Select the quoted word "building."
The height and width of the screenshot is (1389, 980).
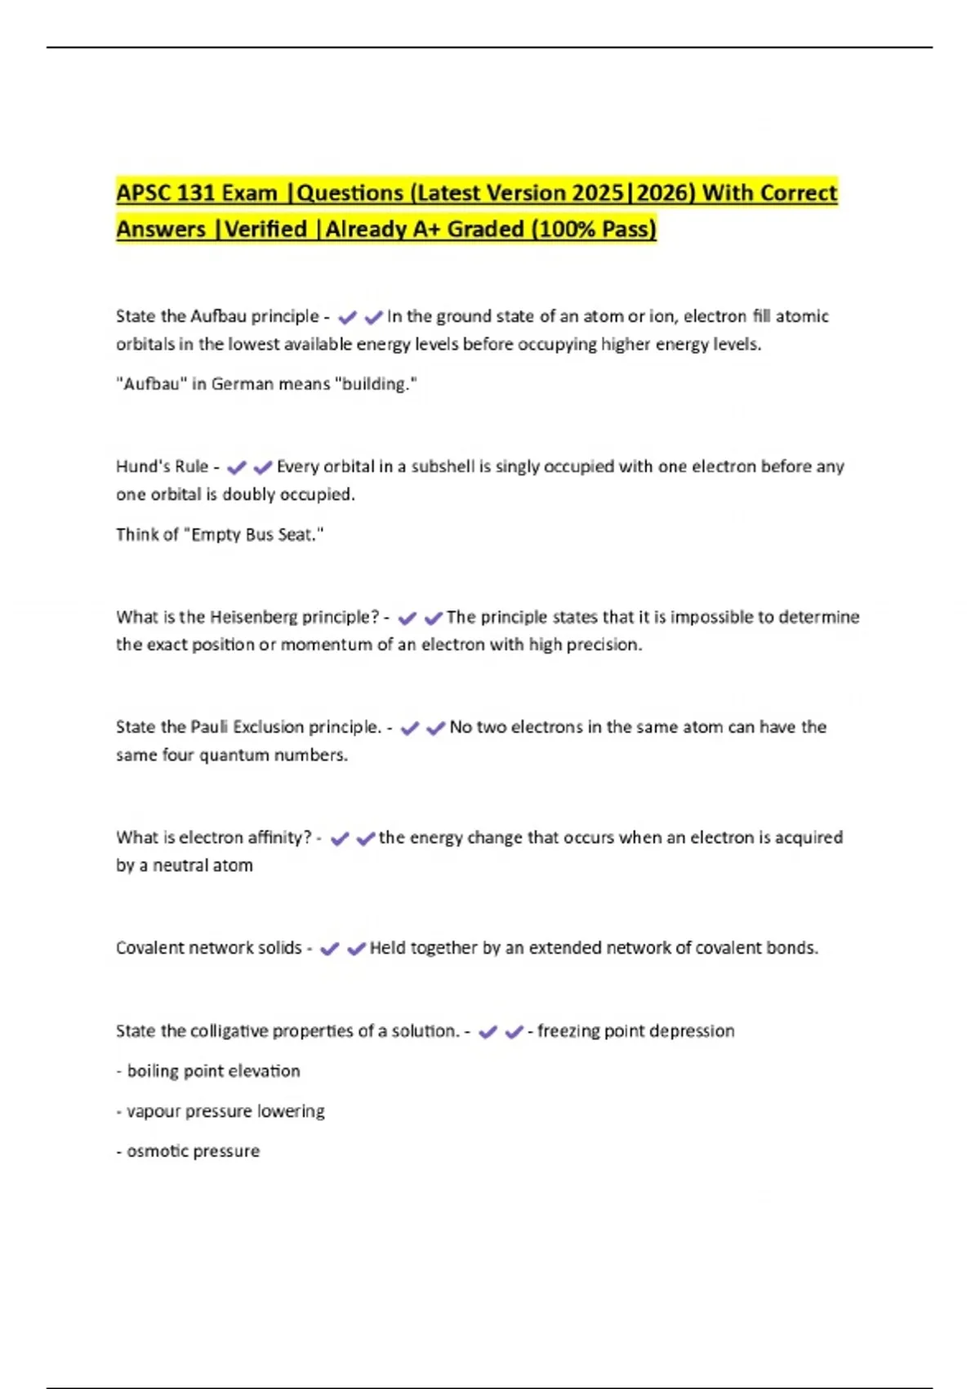coord(376,384)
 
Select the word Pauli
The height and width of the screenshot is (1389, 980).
coord(209,727)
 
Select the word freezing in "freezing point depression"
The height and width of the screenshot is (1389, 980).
coord(567,1031)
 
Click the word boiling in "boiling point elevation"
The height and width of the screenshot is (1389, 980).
coord(154,1071)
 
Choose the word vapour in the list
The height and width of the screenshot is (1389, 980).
coord(153,1111)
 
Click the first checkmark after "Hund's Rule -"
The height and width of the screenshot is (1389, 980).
coord(236,467)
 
